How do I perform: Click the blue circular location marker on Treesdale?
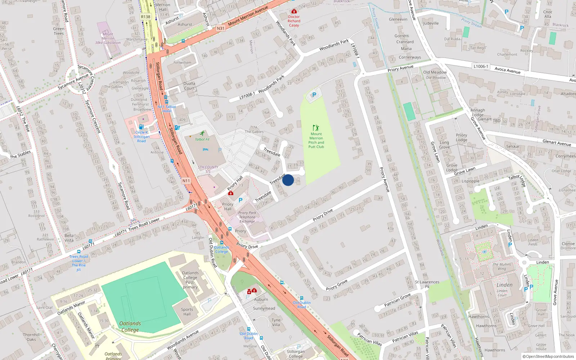[288, 180]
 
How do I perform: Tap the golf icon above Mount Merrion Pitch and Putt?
[316, 128]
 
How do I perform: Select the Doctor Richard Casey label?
[294, 21]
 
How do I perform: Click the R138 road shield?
[145, 17]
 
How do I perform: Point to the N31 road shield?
[220, 28]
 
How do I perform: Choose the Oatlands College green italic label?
[130, 327]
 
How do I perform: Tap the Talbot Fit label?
[202, 139]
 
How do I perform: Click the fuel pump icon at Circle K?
[141, 127]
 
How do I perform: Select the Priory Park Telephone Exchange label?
[247, 217]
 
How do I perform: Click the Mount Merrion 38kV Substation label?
[108, 39]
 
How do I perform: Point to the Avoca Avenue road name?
[507, 71]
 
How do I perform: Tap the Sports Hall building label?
[187, 312]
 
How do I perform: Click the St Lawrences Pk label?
[427, 284]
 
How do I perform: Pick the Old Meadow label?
[435, 72]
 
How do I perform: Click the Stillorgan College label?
[296, 354]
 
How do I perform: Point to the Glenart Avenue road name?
[557, 143]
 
